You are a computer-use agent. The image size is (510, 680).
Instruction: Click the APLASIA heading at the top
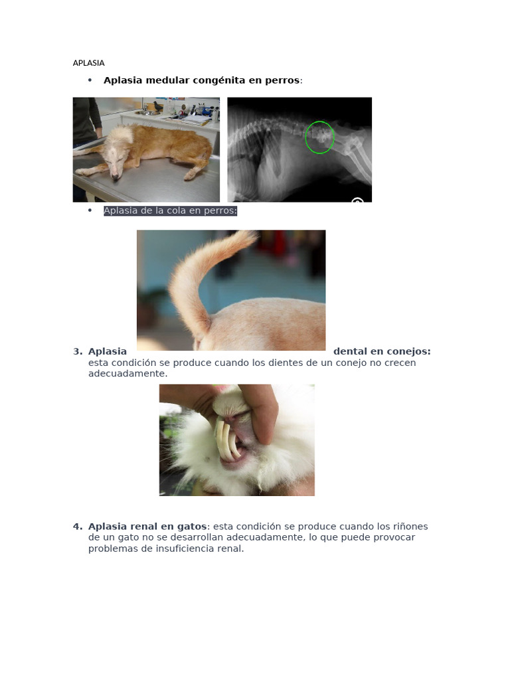[x=88, y=63]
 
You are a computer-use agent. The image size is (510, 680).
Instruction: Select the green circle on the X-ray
[x=319, y=137]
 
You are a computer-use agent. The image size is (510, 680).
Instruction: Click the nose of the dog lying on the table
[x=114, y=177]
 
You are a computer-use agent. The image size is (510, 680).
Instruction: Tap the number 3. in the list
[x=78, y=351]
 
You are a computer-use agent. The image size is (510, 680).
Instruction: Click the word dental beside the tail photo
[x=349, y=351]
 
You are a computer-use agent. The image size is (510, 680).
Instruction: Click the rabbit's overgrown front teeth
[x=227, y=440]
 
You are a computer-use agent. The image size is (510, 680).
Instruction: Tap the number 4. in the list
[x=78, y=527]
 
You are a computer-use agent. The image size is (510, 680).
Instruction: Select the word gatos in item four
[x=192, y=527]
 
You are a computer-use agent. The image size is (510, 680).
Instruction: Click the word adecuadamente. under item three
[x=128, y=373]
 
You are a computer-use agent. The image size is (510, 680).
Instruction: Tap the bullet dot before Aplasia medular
[x=90, y=80]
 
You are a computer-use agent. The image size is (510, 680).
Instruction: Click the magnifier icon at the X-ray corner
[x=357, y=200]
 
